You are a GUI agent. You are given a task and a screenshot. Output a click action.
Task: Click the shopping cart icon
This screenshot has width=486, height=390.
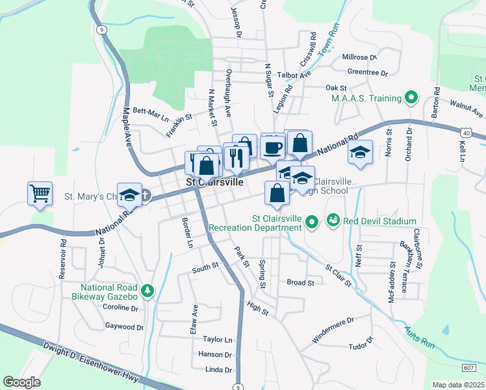click(40, 193)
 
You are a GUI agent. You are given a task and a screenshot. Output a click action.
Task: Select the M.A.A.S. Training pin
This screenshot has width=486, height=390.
click(411, 98)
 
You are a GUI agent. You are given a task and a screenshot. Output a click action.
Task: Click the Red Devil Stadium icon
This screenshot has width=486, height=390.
click(333, 221)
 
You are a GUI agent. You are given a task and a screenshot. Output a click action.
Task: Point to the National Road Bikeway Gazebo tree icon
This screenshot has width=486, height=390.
click(148, 292)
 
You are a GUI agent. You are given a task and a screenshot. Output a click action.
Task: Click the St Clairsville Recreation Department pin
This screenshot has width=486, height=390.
click(311, 222)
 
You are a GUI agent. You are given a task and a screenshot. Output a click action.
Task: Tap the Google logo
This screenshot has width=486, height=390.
click(21, 382)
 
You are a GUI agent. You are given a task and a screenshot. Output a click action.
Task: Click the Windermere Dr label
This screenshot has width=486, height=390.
click(332, 320)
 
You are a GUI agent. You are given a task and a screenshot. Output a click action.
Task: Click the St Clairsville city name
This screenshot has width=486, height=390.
click(215, 183)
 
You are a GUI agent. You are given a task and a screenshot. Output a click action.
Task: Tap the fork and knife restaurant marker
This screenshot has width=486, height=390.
click(235, 155)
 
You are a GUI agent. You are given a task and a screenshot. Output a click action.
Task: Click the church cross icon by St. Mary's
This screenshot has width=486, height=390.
click(145, 194)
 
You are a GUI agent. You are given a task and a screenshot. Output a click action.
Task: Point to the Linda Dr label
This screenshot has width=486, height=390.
click(218, 370)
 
